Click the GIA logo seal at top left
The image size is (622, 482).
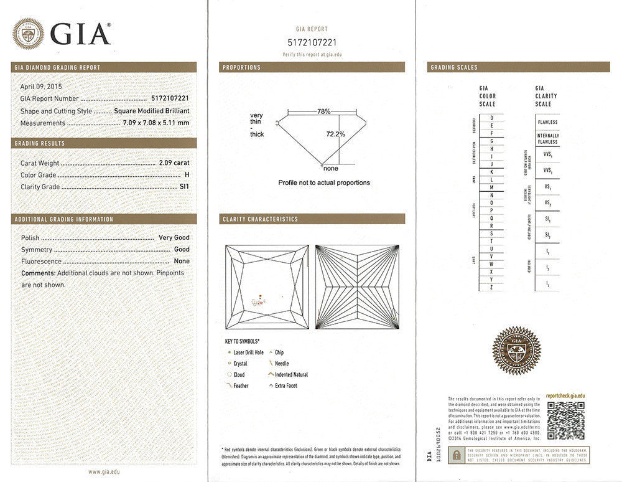tap(28, 33)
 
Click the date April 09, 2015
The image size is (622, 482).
tap(41, 87)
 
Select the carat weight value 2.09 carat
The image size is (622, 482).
tap(174, 163)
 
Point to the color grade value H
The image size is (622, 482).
tap(187, 175)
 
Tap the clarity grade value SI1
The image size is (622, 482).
tap(184, 187)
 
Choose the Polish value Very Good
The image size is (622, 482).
tap(174, 238)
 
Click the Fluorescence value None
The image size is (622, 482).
tap(182, 262)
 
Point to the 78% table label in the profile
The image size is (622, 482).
tap(323, 111)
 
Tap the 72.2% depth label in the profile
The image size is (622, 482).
tap(335, 134)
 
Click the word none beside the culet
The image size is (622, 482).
tap(330, 169)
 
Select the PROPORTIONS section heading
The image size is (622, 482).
tap(241, 67)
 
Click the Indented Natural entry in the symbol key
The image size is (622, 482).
tap(290, 375)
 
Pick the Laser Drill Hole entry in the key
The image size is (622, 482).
tap(248, 352)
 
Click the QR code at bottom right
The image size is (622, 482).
tap(565, 420)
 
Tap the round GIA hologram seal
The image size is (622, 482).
tap(516, 351)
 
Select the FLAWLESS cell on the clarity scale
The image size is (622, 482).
tap(547, 123)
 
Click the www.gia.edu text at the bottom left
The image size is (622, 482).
tap(104, 472)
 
